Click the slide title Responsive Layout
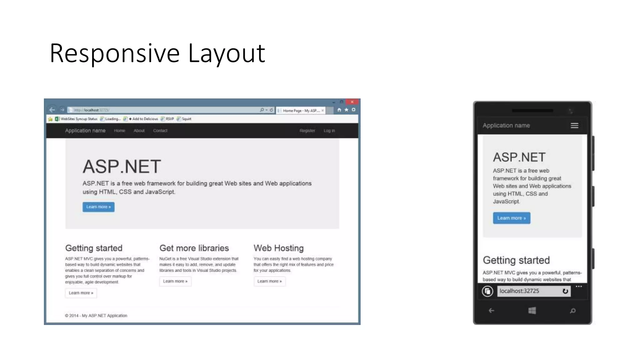click(157, 53)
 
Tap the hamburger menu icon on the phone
click(574, 126)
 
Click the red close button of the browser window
click(352, 102)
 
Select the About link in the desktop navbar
click(139, 131)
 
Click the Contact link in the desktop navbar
click(160, 131)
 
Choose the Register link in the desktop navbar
click(307, 131)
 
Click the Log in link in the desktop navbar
click(329, 131)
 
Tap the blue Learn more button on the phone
click(511, 218)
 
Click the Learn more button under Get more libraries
click(175, 281)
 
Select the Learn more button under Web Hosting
click(269, 281)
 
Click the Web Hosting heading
click(278, 248)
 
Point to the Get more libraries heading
click(194, 248)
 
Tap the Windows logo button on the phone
click(532, 311)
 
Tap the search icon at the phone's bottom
click(572, 311)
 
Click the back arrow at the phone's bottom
click(491, 311)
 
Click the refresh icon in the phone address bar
click(565, 291)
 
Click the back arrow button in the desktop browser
click(52, 110)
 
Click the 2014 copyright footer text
click(96, 316)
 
